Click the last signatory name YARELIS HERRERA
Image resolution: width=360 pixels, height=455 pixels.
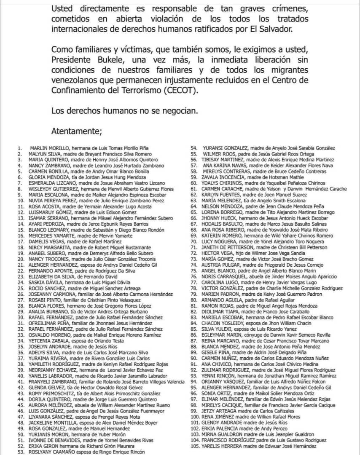point(220,446)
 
